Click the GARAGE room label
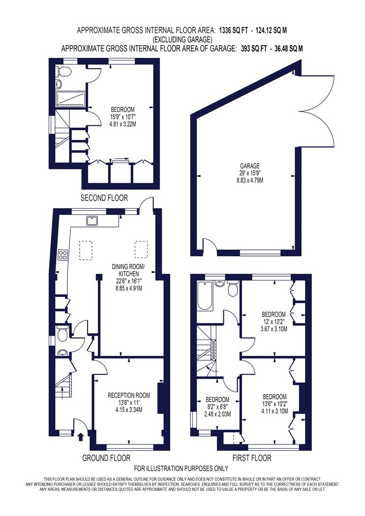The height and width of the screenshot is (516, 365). (250, 166)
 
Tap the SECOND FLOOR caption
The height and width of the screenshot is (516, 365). (104, 198)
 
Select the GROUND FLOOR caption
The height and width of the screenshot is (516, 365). (106, 458)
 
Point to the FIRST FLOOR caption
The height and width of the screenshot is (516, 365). (252, 458)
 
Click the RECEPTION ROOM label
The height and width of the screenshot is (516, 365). (129, 395)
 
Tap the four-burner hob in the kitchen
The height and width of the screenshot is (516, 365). (63, 254)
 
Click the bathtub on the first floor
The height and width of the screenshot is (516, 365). (205, 296)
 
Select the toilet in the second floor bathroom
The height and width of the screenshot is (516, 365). (63, 71)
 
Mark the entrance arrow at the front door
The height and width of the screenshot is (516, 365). (80, 437)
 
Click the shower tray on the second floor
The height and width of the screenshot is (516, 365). (70, 99)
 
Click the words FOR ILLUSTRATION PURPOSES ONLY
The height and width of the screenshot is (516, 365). (181, 468)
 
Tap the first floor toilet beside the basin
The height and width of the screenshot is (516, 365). (233, 288)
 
